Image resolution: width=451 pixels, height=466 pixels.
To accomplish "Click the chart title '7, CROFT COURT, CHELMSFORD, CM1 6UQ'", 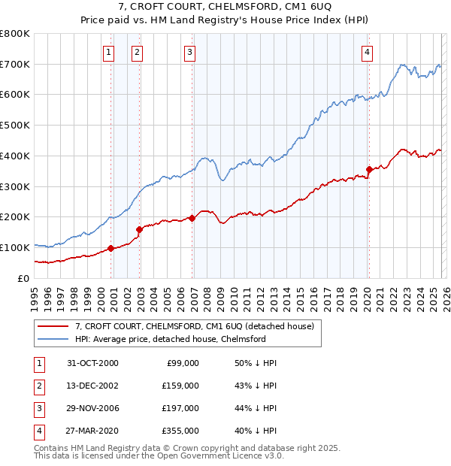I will (x=225, y=8).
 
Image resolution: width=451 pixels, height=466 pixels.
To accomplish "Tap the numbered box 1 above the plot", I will (x=110, y=52).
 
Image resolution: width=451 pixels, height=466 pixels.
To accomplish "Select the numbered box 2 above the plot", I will (x=138, y=52).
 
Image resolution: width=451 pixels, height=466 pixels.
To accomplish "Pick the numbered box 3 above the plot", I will (x=189, y=52).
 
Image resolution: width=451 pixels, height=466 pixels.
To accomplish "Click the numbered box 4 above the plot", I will (x=367, y=52).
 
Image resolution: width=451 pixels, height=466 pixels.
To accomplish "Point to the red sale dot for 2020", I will (x=369, y=169).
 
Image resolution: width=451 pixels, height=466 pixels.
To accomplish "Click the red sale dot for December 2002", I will (x=139, y=229).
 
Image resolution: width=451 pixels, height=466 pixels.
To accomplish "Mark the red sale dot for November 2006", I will (x=192, y=218).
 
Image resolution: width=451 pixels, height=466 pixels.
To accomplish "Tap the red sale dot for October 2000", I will (x=110, y=248).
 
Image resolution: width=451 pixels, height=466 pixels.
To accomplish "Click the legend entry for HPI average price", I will (x=170, y=339).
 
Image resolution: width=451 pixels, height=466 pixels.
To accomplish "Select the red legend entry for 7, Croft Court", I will (x=198, y=326).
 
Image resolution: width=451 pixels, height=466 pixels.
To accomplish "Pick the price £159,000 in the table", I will (x=180, y=386).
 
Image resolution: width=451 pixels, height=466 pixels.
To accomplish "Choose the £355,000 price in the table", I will (x=180, y=431).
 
